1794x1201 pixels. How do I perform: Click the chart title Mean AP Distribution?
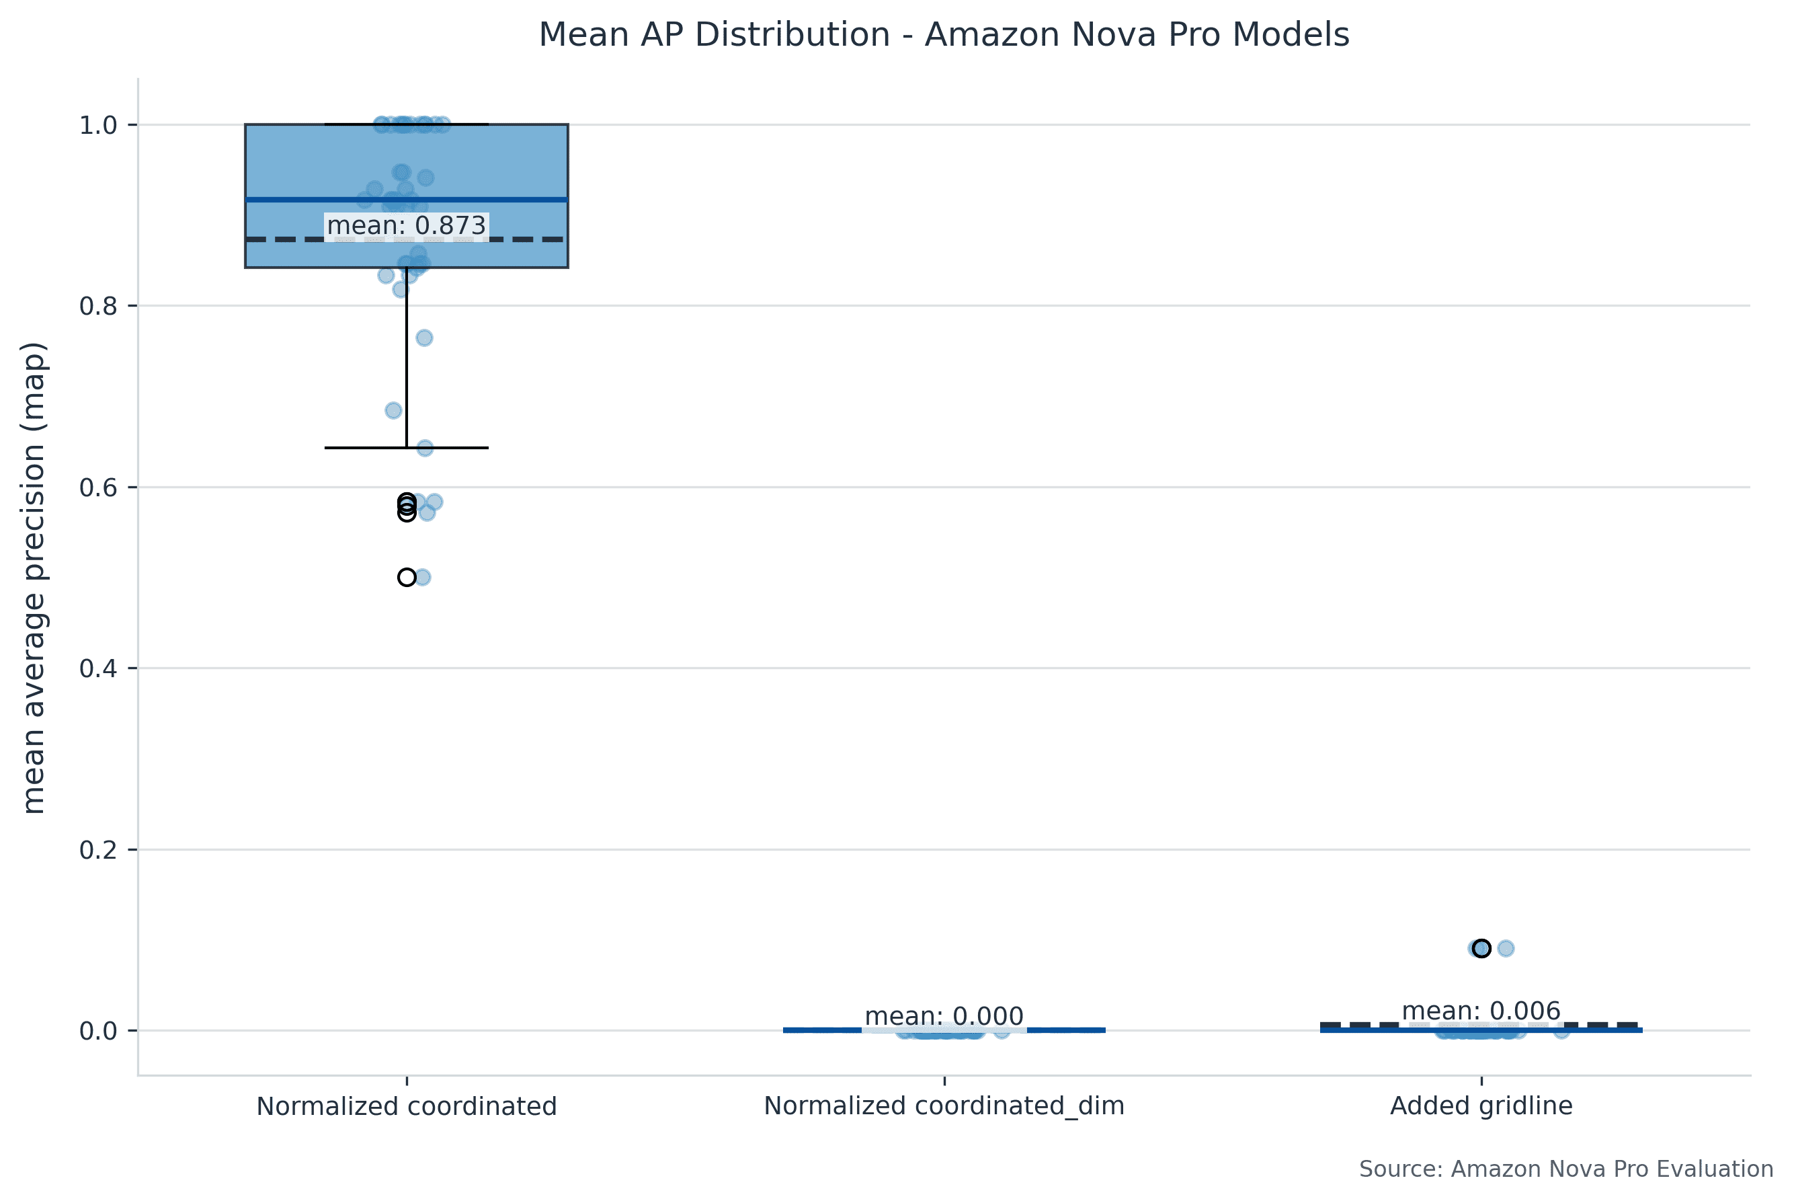coord(943,35)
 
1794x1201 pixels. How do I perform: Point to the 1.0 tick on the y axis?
coord(98,125)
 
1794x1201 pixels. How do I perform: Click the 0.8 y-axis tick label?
coord(98,307)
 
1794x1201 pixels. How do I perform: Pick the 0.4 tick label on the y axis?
coord(98,668)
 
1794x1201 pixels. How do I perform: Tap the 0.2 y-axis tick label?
coord(98,849)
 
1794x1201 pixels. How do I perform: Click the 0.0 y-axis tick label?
coord(98,1031)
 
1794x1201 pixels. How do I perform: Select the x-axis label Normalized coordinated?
coord(407,1106)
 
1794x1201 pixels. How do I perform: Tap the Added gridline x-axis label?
coord(1481,1106)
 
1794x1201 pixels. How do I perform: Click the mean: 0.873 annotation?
coord(407,226)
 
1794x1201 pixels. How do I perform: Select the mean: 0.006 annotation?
coord(1481,1011)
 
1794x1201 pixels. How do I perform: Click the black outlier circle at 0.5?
coord(407,578)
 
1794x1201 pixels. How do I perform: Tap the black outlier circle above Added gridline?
coord(1481,948)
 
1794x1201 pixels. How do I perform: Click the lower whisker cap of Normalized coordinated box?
coord(407,447)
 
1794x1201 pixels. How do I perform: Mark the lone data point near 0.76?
coord(424,338)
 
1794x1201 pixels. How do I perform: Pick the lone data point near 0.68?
coord(393,411)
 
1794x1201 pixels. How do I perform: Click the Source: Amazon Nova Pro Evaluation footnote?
coord(1566,1169)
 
